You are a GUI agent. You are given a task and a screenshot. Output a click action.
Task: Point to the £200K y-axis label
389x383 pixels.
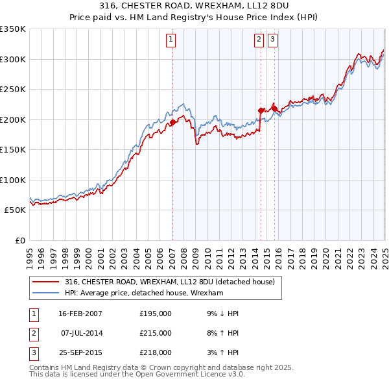pyautogui.click(x=12, y=119)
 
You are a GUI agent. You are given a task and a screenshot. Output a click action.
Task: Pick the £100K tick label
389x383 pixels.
pyautogui.click(x=12, y=180)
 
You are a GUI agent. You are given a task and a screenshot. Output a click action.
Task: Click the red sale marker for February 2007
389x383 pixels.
pyautogui.click(x=172, y=122)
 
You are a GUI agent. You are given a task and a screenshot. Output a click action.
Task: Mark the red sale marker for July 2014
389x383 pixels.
pyautogui.click(x=261, y=110)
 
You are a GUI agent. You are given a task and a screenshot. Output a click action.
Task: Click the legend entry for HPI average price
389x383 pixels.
pyautogui.click(x=144, y=293)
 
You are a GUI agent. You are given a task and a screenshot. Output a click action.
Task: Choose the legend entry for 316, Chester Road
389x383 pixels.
pyautogui.click(x=170, y=282)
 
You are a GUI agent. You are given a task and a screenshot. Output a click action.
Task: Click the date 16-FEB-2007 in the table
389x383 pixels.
pyautogui.click(x=80, y=314)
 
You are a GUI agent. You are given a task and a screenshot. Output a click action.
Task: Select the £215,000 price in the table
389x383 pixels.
pyautogui.click(x=156, y=333)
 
